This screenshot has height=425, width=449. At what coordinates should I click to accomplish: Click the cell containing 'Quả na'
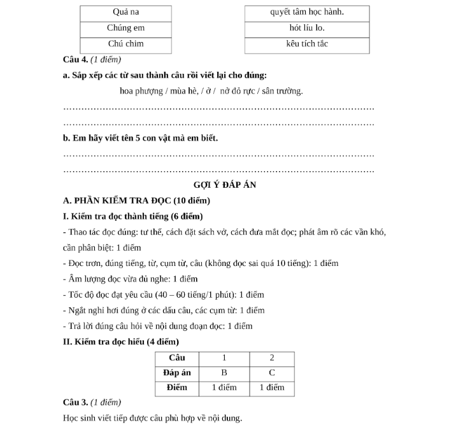pyautogui.click(x=125, y=13)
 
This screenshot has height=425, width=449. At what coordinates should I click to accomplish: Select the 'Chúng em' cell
pyautogui.click(x=125, y=29)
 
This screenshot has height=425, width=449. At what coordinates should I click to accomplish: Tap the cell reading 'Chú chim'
pyautogui.click(x=125, y=45)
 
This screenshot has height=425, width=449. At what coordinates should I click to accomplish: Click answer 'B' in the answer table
pyautogui.click(x=224, y=373)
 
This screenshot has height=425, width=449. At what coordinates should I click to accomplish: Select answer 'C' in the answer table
pyautogui.click(x=272, y=373)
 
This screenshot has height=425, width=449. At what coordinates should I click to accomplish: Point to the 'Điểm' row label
pyautogui.click(x=177, y=387)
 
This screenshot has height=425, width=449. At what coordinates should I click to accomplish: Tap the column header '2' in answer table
pyautogui.click(x=272, y=358)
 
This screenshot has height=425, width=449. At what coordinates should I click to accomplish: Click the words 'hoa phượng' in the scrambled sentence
pyautogui.click(x=141, y=91)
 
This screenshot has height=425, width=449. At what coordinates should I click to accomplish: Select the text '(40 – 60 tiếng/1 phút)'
pyautogui.click(x=195, y=295)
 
